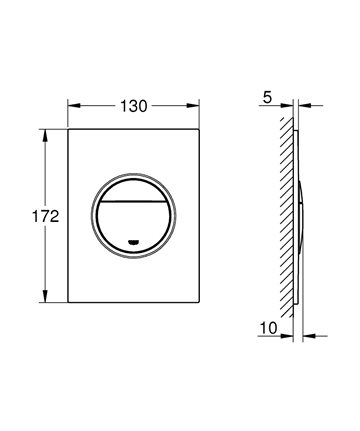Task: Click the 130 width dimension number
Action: click(x=133, y=106)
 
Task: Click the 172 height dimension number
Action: click(x=45, y=217)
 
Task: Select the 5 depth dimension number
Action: click(x=267, y=97)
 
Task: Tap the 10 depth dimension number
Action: click(x=268, y=328)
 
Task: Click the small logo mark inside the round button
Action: click(x=134, y=242)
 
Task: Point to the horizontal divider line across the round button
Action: click(x=133, y=202)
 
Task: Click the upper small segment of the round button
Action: click(x=133, y=191)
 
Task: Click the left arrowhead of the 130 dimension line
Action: click(x=74, y=106)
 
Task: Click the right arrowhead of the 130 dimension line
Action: click(x=193, y=106)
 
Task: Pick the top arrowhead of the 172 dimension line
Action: click(x=45, y=135)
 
